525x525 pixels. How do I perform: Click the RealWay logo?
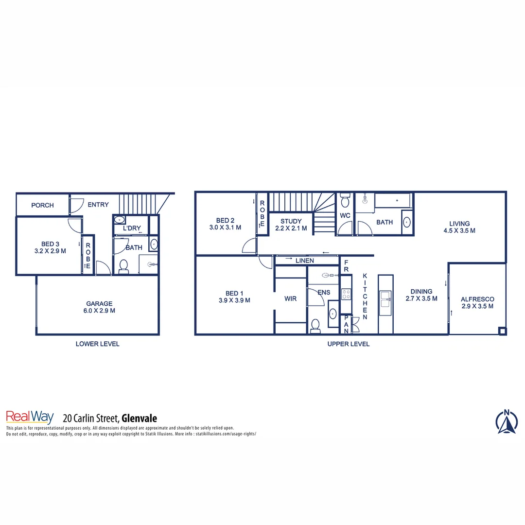(29, 417)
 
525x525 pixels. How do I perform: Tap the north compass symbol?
(507, 422)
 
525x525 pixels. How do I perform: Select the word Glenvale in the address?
(140, 418)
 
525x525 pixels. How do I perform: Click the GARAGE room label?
(100, 303)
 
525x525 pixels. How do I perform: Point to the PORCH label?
(42, 205)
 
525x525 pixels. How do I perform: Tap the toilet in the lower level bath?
(123, 266)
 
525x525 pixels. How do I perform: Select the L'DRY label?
(132, 228)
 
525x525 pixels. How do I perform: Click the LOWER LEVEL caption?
(97, 344)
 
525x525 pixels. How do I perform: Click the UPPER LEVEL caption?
(349, 344)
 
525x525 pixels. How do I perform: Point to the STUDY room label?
(291, 221)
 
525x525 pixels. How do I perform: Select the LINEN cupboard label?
(305, 261)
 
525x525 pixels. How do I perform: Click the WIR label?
(291, 299)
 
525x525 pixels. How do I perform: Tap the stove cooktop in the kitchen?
(346, 294)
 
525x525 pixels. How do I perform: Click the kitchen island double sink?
(385, 299)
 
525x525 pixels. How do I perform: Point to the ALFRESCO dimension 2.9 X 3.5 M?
(477, 306)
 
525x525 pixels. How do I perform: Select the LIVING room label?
(459, 224)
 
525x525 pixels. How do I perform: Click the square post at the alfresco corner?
(502, 331)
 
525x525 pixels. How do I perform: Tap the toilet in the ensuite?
(315, 325)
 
